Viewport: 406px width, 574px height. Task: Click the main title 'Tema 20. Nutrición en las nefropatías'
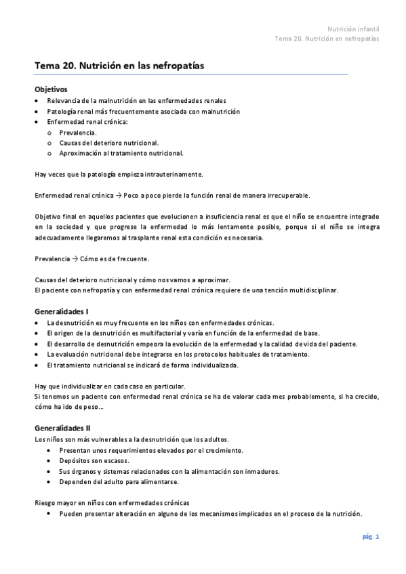(x=119, y=66)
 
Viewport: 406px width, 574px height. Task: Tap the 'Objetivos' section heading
(x=51, y=89)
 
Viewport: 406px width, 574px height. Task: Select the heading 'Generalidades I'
(x=61, y=311)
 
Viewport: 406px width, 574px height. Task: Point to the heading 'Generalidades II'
(x=62, y=428)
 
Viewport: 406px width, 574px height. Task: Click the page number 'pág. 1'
(x=370, y=537)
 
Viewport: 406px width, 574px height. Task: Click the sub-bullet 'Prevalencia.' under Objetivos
(x=78, y=133)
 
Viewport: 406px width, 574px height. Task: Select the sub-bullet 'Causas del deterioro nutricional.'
(x=109, y=143)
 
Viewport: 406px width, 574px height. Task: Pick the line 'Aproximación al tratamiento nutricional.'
(x=121, y=153)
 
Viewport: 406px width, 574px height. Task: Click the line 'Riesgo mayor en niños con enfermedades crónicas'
(x=112, y=503)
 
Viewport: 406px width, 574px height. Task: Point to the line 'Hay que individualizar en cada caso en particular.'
(x=108, y=386)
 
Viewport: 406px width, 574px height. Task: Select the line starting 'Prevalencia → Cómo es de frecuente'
(x=92, y=259)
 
